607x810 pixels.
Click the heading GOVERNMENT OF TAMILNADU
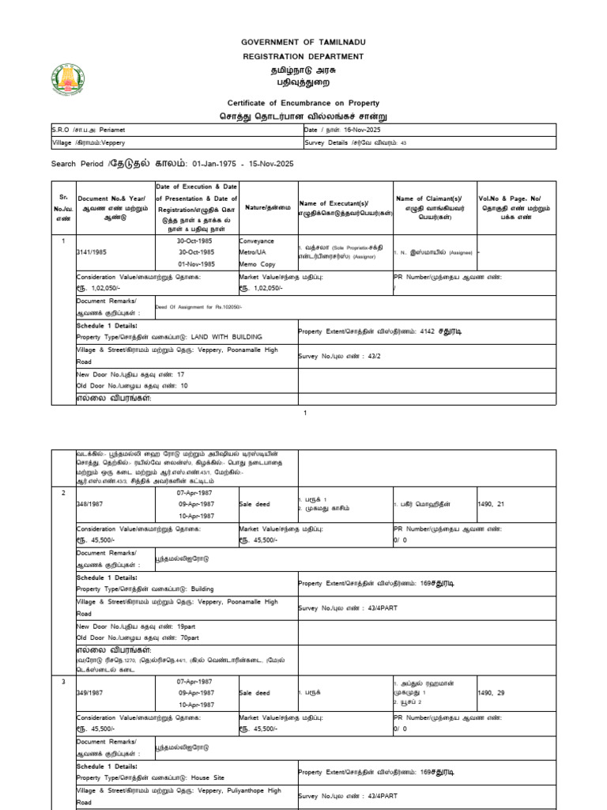coord(303,41)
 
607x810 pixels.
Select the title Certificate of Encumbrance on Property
coord(303,103)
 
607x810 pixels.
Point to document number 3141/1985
coord(93,252)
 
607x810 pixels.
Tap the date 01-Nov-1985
coord(195,263)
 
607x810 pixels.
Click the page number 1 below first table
coord(304,413)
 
